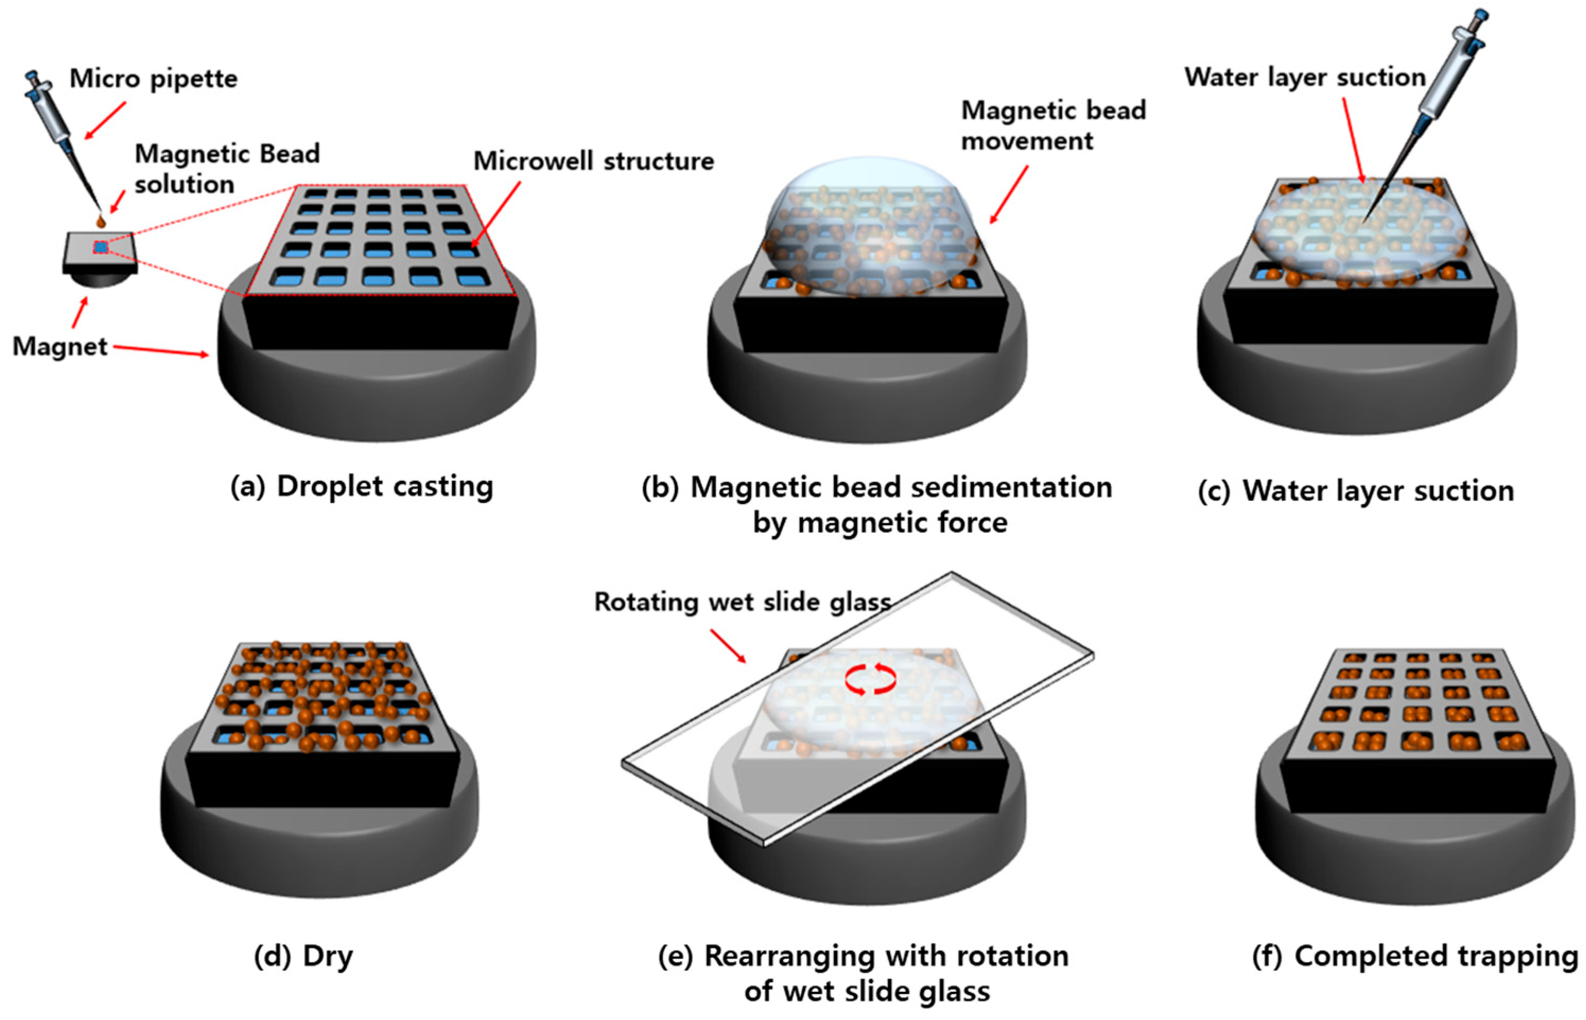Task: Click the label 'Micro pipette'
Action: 153,79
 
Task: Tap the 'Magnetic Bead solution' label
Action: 226,169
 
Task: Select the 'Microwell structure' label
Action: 594,161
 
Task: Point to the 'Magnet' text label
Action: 59,346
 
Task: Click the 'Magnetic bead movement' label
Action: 1053,125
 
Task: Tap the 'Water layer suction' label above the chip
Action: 1304,77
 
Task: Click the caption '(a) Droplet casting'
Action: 362,487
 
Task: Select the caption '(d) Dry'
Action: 303,956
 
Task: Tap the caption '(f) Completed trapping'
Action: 1415,956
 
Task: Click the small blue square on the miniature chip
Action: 101,247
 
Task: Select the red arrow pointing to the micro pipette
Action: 104,120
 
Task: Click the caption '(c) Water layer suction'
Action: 1356,491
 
